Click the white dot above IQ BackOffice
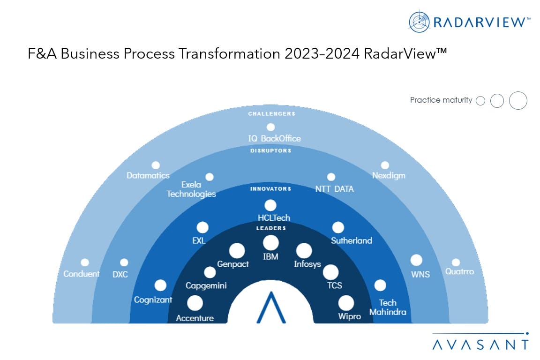[270, 127]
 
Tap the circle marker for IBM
[270, 243]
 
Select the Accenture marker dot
[195, 303]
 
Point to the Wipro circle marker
[346, 303]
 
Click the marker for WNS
[416, 260]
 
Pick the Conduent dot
[85, 262]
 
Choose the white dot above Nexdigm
[385, 165]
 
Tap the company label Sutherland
[352, 240]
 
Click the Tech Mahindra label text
[388, 307]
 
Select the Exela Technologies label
[191, 189]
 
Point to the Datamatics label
[148, 176]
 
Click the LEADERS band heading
[270, 228]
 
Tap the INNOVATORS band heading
[270, 189]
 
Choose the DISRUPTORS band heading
[270, 151]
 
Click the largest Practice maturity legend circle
[518, 100]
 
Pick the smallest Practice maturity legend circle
[480, 100]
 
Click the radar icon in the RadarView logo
[419, 22]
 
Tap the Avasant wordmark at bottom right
[480, 344]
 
